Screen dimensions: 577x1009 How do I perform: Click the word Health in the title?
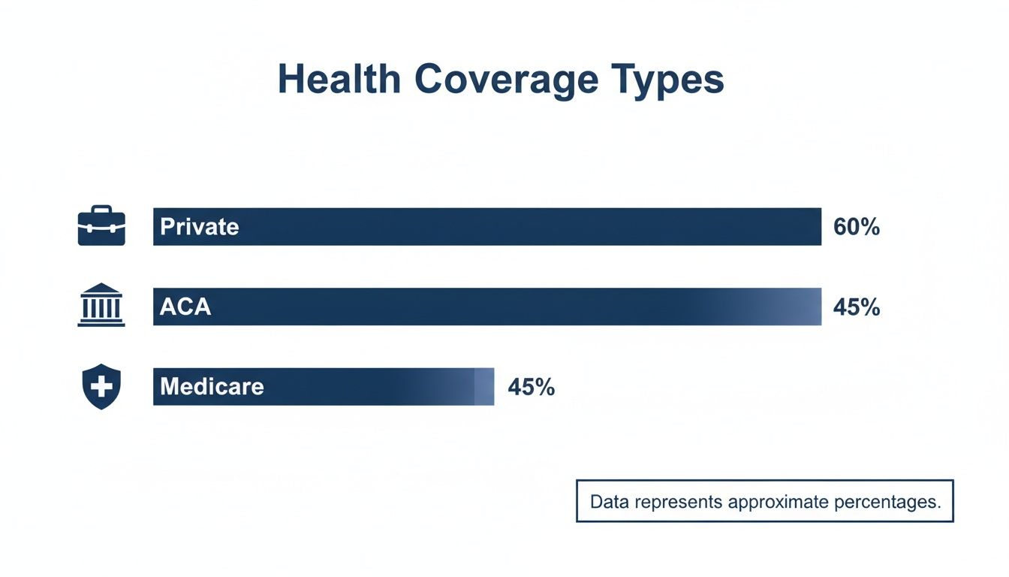tap(339, 80)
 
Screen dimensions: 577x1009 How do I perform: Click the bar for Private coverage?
tap(526, 227)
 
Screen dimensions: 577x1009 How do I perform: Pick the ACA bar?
tap(526, 307)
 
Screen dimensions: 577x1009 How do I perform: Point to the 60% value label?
tap(856, 227)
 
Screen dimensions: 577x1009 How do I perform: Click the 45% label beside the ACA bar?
tap(856, 307)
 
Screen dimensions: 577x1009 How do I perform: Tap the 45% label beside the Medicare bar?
tap(531, 387)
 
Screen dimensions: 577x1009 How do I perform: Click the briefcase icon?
tap(101, 227)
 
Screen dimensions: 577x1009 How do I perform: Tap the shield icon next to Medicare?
tap(101, 387)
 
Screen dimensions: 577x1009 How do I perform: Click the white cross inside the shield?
tap(101, 386)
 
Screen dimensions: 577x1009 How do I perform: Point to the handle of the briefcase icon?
tap(101, 209)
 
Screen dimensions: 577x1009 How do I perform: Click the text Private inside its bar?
tap(199, 227)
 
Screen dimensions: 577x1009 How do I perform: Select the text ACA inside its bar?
tap(185, 307)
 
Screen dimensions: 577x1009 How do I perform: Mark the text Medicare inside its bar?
tap(212, 387)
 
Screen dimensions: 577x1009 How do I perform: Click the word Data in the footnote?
tap(610, 501)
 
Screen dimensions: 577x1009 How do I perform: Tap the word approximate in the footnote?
tap(779, 502)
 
